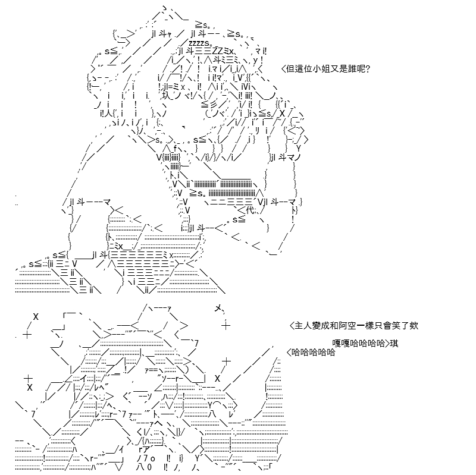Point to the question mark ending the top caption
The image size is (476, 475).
pos(368,69)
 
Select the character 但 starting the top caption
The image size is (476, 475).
pos(291,69)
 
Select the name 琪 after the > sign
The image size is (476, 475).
pos(394,344)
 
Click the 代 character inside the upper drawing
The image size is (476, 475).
pos(250,210)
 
